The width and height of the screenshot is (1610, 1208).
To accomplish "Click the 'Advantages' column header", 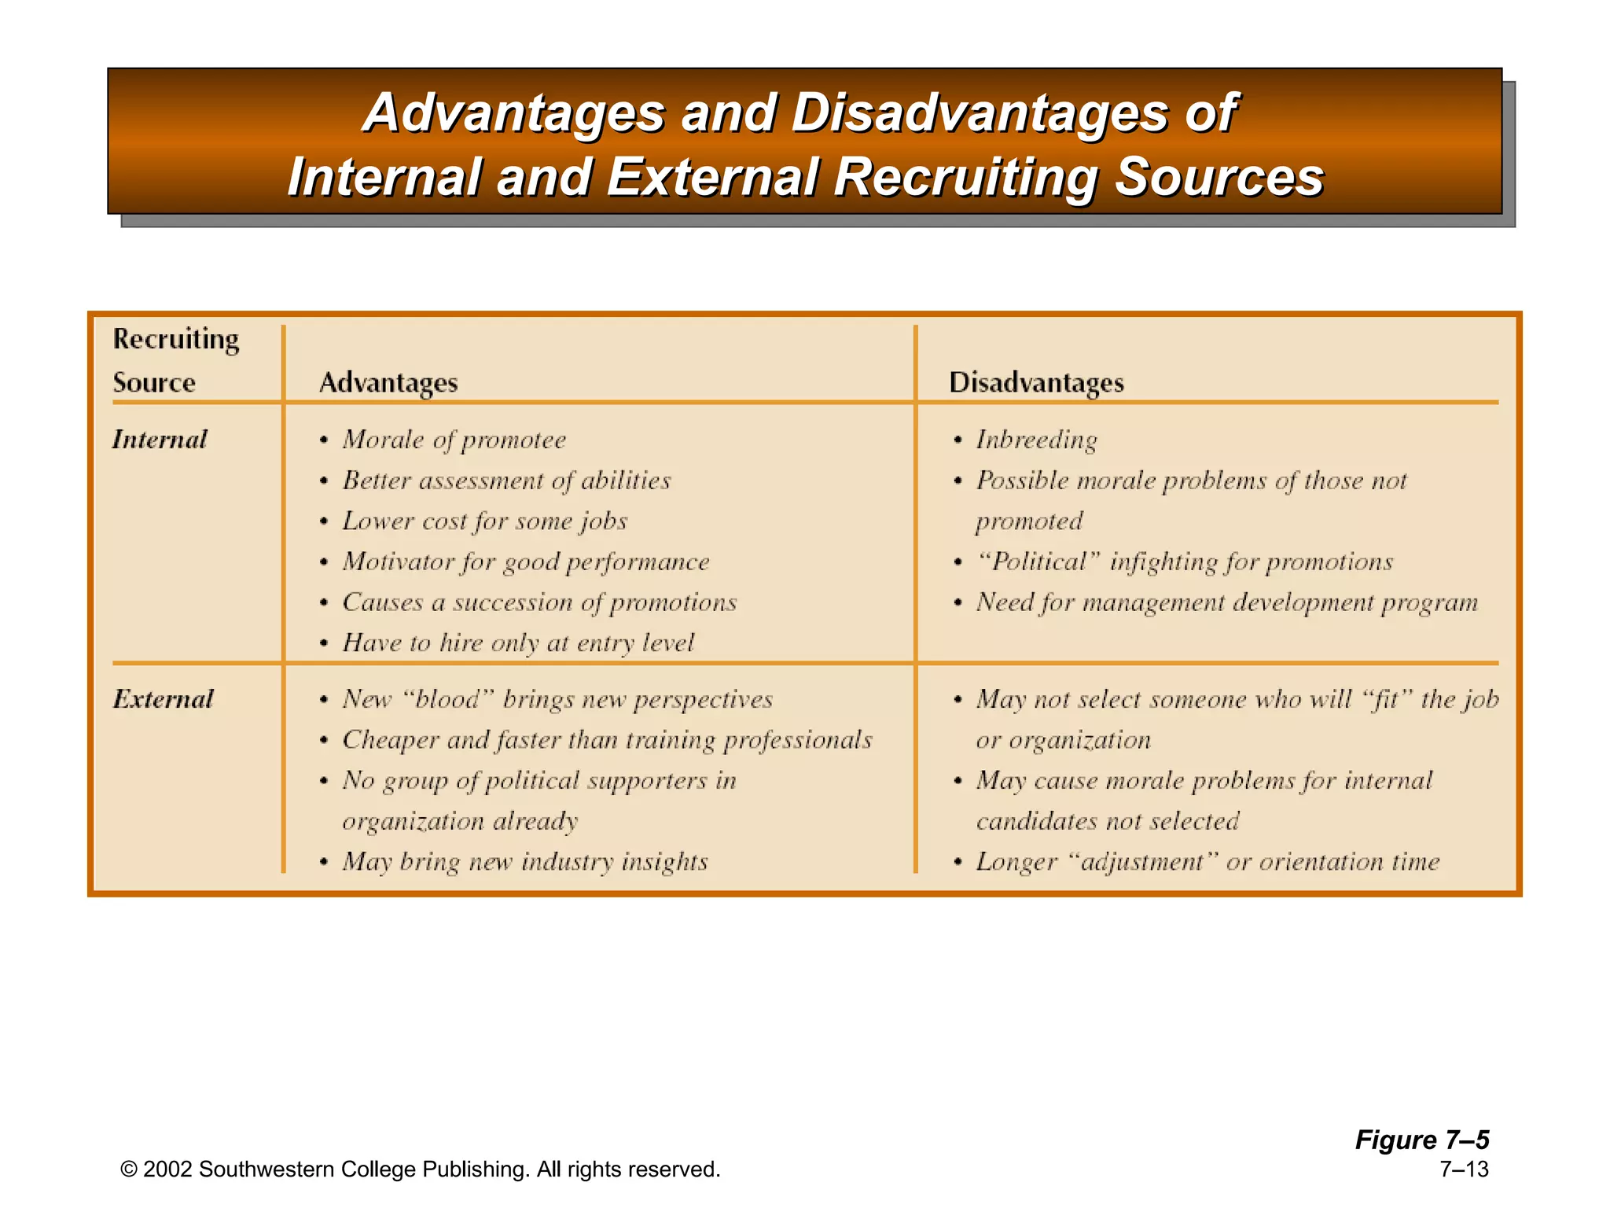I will (x=388, y=383).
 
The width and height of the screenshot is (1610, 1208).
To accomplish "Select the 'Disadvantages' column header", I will (x=1036, y=383).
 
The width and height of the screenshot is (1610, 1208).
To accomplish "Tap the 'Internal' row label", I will (x=160, y=439).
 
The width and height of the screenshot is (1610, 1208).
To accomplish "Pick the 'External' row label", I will (x=163, y=699).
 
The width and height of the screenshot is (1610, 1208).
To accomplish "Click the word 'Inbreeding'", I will (x=1036, y=440).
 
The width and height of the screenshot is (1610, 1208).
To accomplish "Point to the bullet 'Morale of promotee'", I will (x=454, y=440).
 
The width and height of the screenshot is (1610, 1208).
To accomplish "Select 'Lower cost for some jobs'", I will (x=484, y=521).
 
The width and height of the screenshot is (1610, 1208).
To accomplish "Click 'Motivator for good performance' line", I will (x=525, y=562).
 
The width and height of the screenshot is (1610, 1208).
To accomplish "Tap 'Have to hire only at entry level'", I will (x=518, y=643).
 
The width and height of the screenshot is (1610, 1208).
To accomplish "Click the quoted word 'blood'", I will (x=447, y=699).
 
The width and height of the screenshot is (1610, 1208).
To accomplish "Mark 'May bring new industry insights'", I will (x=524, y=862).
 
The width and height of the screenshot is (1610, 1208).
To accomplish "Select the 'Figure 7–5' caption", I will (x=1421, y=1140).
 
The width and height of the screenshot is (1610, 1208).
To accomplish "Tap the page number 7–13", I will (x=1464, y=1169).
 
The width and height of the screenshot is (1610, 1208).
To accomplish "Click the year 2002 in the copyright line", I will (x=167, y=1169).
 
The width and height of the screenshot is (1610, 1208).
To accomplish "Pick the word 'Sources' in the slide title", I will (x=1219, y=177).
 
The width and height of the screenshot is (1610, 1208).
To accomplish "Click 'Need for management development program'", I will (x=1226, y=602).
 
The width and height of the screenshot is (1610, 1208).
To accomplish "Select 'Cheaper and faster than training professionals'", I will (x=607, y=740).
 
